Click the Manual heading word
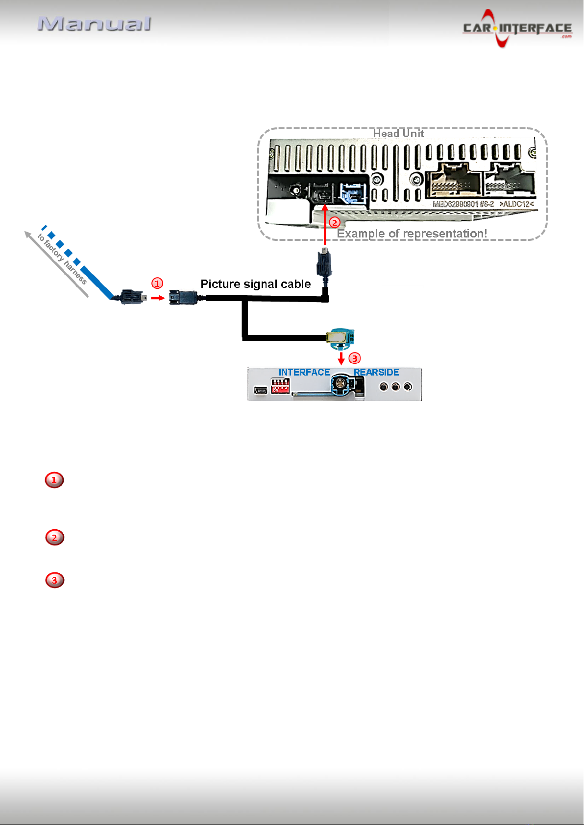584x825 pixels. (x=95, y=24)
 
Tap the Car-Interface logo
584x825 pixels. (x=517, y=28)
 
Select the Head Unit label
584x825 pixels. (x=398, y=133)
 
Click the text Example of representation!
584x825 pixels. (x=412, y=234)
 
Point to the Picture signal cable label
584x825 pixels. (x=255, y=284)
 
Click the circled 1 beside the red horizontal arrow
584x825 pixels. (x=157, y=283)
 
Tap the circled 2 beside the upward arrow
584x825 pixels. (x=334, y=223)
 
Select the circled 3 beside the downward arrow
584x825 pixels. (x=354, y=358)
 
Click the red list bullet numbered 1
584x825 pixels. (x=54, y=480)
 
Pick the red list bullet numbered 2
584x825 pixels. (x=54, y=538)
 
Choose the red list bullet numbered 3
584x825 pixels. (x=54, y=580)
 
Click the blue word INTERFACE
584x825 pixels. (x=304, y=373)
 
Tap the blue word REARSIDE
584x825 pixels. (x=376, y=373)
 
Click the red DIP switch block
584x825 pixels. (x=280, y=386)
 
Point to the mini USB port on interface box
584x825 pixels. (x=260, y=390)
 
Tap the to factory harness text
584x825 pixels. (x=62, y=259)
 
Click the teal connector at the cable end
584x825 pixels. (x=341, y=337)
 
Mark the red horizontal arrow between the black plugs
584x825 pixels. (x=157, y=298)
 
